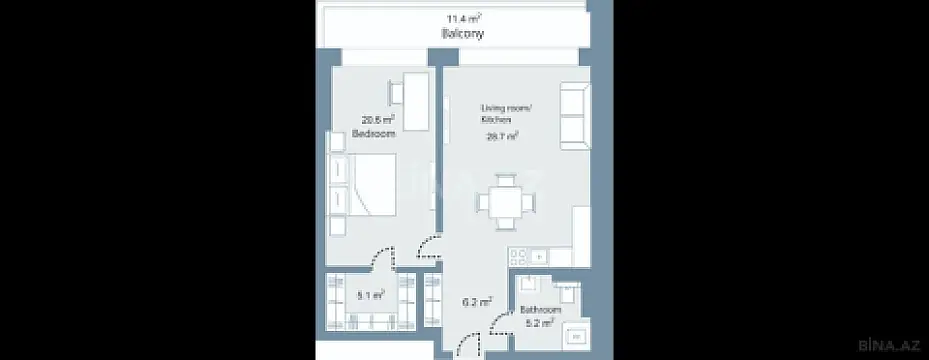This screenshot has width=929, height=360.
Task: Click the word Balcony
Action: [x=462, y=33]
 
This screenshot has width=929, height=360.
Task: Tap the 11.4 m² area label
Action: [x=462, y=17]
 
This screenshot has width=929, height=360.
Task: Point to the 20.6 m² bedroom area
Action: [x=374, y=119]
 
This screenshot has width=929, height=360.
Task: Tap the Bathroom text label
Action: [x=540, y=310]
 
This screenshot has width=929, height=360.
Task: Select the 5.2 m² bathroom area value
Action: [x=540, y=322]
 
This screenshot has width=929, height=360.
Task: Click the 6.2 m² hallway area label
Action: [x=476, y=300]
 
